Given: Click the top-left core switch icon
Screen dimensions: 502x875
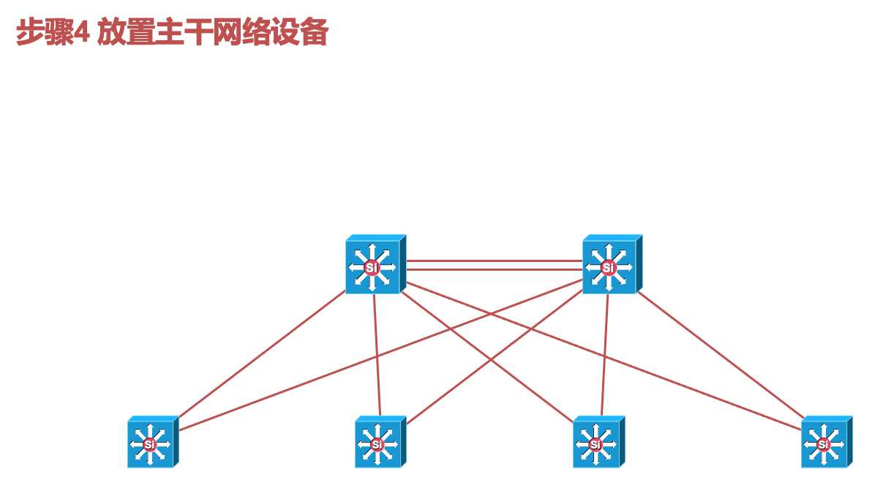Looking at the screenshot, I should [x=373, y=266].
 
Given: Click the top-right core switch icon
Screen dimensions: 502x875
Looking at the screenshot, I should [x=610, y=266].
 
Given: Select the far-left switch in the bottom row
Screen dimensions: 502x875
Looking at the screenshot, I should [x=151, y=443].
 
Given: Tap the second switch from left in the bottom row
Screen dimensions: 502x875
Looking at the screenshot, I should [x=378, y=443].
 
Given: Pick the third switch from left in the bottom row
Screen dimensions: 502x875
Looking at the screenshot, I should [x=597, y=443].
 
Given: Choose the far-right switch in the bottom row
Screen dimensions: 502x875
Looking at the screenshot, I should [x=825, y=443].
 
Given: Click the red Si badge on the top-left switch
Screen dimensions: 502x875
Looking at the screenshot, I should [x=371, y=268].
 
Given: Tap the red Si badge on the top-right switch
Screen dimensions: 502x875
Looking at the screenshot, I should [x=608, y=268].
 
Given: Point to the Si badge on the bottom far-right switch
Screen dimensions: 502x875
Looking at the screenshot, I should [x=823, y=444].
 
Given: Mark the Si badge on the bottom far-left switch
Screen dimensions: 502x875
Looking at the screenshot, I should [x=149, y=444].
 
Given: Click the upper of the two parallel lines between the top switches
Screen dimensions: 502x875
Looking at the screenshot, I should [x=494, y=261].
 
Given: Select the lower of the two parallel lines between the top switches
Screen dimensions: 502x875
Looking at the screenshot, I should [x=494, y=270].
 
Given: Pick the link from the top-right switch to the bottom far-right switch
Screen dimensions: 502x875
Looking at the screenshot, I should [x=721, y=354].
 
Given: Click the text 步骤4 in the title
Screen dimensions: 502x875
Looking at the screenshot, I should [x=53, y=33].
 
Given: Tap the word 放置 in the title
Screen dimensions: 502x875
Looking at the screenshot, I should [x=125, y=33].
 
